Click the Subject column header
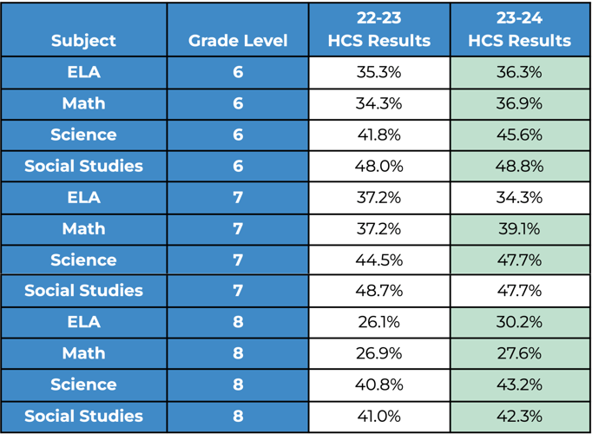[x=83, y=41]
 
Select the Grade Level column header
[x=238, y=41]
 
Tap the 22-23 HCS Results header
[x=378, y=30]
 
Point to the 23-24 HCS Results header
[x=519, y=30]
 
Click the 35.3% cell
[x=378, y=72]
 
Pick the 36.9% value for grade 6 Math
[x=519, y=103]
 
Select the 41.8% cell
[x=378, y=135]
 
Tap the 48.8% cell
[x=519, y=166]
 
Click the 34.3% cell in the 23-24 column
[x=519, y=197]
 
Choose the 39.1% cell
[x=519, y=228]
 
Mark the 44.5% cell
[x=378, y=260]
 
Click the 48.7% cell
[x=378, y=291]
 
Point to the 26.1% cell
[x=378, y=322]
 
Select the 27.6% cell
[x=519, y=353]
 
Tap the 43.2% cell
[x=519, y=385]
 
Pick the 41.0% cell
[x=378, y=416]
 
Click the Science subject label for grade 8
[x=83, y=385]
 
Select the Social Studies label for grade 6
[x=83, y=166]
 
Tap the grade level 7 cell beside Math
[x=238, y=228]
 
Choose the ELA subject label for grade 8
[x=83, y=322]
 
